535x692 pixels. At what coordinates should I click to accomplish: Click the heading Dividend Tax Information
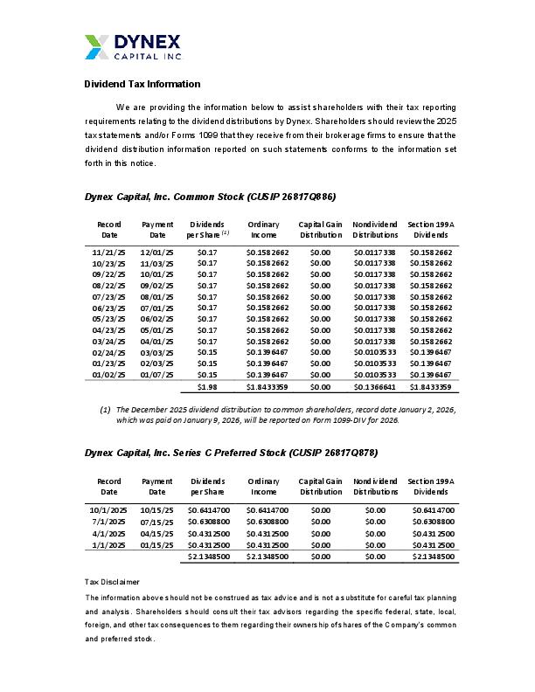pyautogui.click(x=142, y=84)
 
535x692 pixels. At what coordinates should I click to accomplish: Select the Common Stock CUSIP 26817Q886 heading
pyautogui.click(x=210, y=197)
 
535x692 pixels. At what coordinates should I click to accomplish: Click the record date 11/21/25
pyautogui.click(x=108, y=252)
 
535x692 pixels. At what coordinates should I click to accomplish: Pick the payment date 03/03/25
pyautogui.click(x=157, y=352)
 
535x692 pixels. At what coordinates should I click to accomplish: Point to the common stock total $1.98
pyautogui.click(x=207, y=387)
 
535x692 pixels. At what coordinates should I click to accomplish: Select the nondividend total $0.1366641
pyautogui.click(x=375, y=387)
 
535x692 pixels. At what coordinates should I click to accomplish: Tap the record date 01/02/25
pyautogui.click(x=108, y=375)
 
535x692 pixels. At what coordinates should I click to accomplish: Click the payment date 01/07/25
pyautogui.click(x=157, y=375)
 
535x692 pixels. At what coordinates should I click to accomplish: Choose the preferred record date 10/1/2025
pyautogui.click(x=108, y=509)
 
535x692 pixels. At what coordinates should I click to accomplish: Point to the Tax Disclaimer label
pyautogui.click(x=112, y=581)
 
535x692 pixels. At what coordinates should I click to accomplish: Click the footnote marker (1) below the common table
pyautogui.click(x=105, y=409)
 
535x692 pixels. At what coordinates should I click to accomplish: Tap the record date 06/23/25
pyautogui.click(x=108, y=308)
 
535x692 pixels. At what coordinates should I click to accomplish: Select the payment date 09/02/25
pyautogui.click(x=157, y=285)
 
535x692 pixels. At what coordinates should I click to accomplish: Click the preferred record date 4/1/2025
pyautogui.click(x=108, y=532)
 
